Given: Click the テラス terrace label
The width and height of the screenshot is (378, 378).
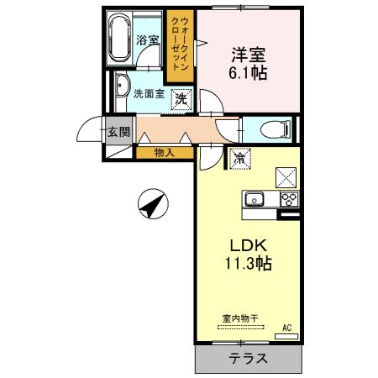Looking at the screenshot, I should click(x=249, y=359).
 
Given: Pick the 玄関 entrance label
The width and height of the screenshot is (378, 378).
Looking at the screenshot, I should click(x=118, y=131).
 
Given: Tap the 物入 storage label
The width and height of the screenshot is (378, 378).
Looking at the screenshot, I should click(x=165, y=152).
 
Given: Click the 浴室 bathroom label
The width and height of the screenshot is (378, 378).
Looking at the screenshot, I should click(x=148, y=38).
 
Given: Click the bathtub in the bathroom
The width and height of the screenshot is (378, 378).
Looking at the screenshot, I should click(x=118, y=39).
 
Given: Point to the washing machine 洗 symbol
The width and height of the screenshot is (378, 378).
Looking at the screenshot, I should click(x=180, y=99).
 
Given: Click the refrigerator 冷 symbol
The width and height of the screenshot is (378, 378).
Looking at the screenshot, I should click(x=239, y=157).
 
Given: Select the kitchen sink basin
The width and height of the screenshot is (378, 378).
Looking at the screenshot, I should click(x=254, y=199).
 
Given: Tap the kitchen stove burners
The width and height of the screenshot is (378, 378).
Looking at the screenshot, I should click(x=288, y=199).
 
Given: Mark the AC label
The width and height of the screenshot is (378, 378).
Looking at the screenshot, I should click(x=286, y=328).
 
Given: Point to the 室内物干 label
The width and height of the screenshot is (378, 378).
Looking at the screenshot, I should click(x=239, y=317).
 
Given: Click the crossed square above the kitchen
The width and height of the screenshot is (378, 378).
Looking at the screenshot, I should click(x=286, y=176).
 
